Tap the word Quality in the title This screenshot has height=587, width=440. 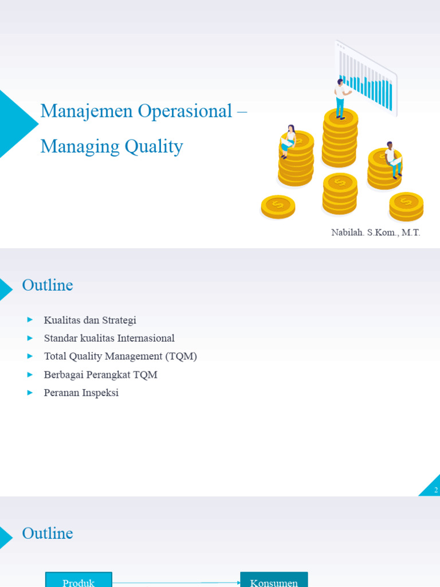pos(154,147)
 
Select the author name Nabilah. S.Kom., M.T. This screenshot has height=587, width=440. pos(375,233)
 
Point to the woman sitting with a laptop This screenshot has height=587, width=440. pos(289,140)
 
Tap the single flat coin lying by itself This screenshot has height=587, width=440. pos(278,206)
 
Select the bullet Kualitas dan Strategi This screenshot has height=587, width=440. pos(90,320)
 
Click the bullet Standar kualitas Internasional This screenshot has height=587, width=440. pos(109,338)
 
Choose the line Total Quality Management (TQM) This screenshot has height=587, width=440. pos(120,356)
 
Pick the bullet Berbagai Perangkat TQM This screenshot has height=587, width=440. pos(100,374)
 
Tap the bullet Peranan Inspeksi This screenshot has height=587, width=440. pos(81,393)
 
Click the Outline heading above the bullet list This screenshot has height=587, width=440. pos(48,285)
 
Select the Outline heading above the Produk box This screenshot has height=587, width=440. pos(48,533)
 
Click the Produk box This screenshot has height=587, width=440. pos(78,580)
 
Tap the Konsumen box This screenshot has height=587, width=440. pos(274,580)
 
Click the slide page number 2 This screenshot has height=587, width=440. pos(436,490)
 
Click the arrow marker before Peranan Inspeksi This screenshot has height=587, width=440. pos(30,393)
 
